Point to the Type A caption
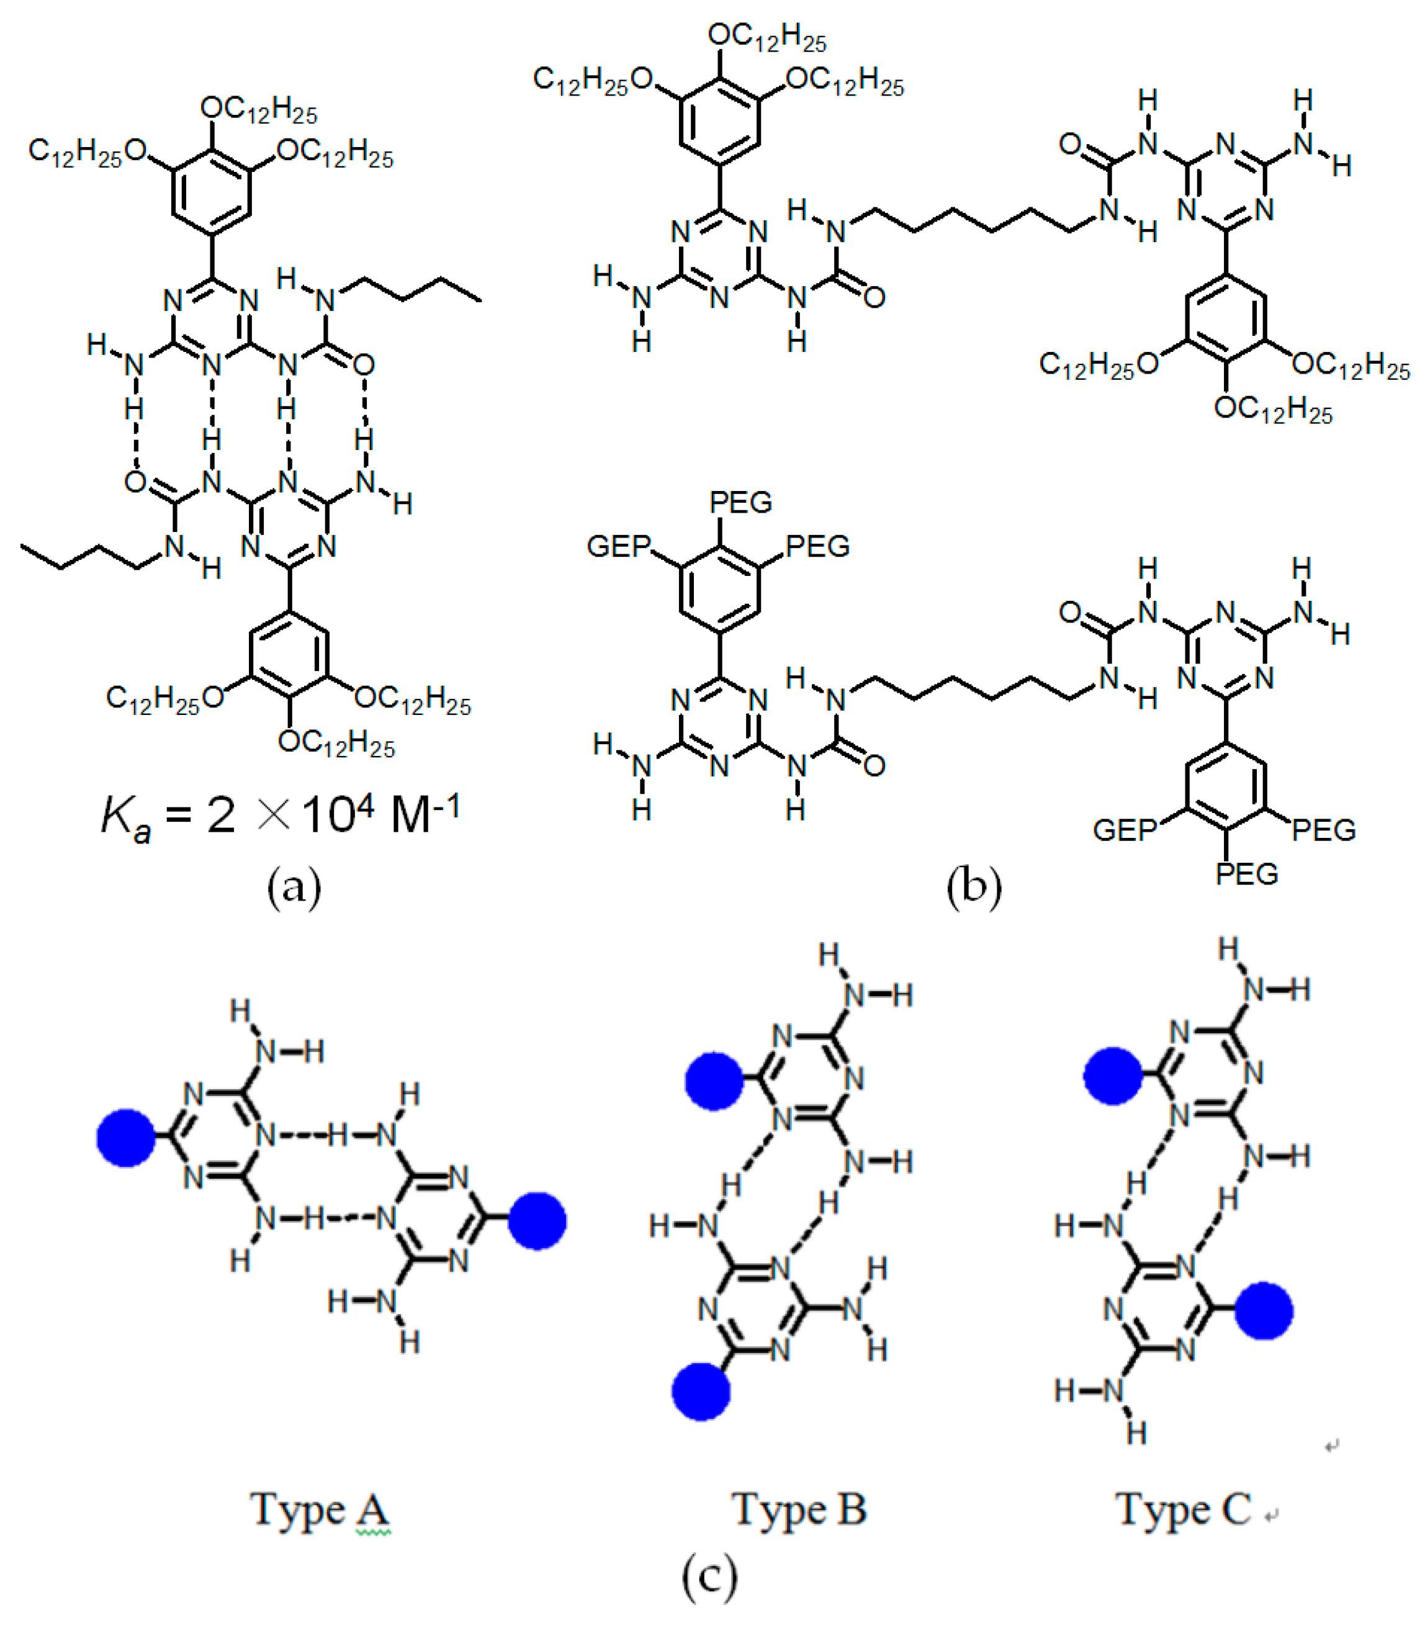point(320,1509)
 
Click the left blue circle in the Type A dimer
point(125,1138)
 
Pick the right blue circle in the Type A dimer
point(537,1221)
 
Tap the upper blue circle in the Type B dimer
point(715,1081)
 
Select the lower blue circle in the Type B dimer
point(701,1392)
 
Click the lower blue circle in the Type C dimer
point(1264,1311)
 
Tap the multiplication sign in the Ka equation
point(274,815)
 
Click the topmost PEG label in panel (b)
point(740,503)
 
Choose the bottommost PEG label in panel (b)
point(1246,874)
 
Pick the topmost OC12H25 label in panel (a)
point(258,110)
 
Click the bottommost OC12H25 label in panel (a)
point(336,744)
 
